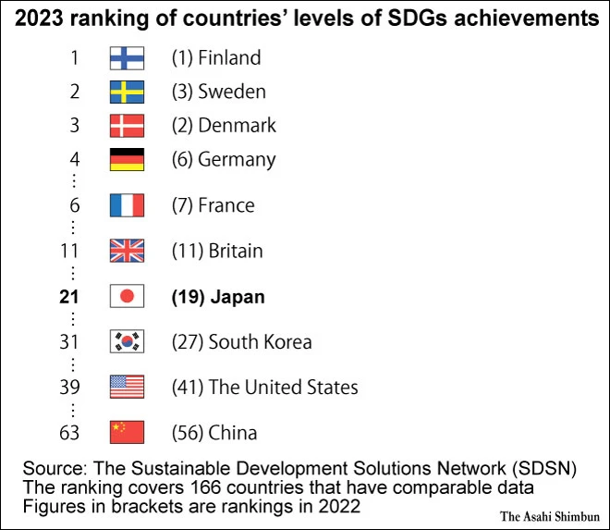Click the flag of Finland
click(126, 58)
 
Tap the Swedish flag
click(126, 92)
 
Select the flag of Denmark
click(126, 125)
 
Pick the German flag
click(126, 159)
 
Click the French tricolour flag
click(126, 204)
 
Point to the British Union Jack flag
click(126, 251)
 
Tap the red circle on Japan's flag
click(126, 297)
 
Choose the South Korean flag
click(126, 341)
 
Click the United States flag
click(126, 387)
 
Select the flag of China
click(126, 432)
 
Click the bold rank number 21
click(70, 297)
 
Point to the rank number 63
click(70, 432)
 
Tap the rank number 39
click(70, 387)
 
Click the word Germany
click(237, 159)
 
